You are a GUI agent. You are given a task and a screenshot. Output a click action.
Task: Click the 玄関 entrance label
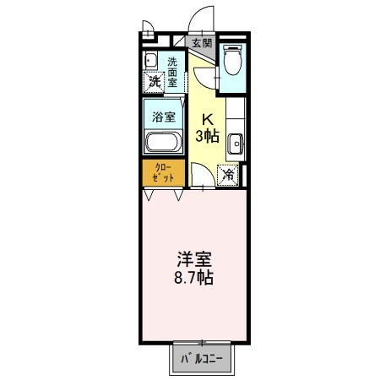(202, 43)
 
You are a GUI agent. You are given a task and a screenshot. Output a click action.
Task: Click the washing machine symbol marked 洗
(153, 83)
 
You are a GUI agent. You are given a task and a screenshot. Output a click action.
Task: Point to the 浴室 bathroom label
(163, 117)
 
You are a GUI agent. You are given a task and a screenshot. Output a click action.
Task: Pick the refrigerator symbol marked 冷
(228, 175)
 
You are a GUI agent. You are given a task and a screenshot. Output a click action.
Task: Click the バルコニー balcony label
(202, 359)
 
